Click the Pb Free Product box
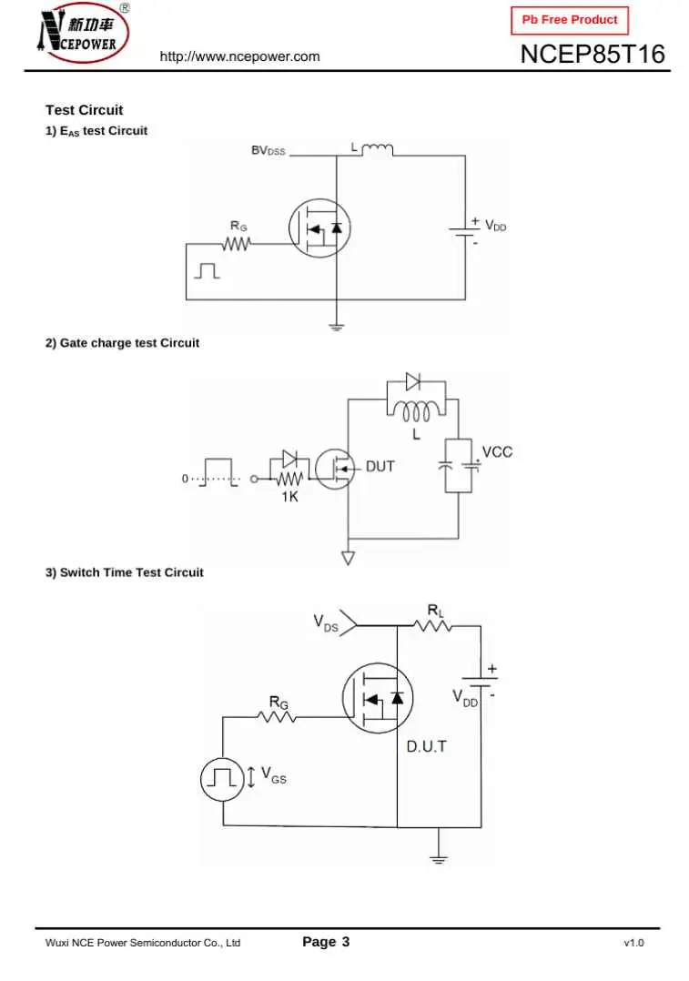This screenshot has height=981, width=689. pos(569,19)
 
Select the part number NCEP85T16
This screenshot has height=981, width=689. pos(593,55)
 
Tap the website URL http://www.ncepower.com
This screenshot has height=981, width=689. pos(239,56)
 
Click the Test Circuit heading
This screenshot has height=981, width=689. pos(84,110)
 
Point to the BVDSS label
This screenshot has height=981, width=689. pos(269,150)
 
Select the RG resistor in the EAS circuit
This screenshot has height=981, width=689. pos(238,243)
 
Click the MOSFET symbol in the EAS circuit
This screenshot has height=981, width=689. pos(319,228)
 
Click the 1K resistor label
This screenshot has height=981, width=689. pos(289,497)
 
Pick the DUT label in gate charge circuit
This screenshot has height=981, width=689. pos(380,467)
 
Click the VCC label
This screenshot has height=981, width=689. pos(497,452)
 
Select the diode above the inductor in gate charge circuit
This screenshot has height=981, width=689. pos(413,382)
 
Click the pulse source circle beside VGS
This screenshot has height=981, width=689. pos(221,779)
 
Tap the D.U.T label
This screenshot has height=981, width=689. pos(426,747)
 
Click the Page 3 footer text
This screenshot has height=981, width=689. pos(325,942)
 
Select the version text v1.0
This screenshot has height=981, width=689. pos(633,943)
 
